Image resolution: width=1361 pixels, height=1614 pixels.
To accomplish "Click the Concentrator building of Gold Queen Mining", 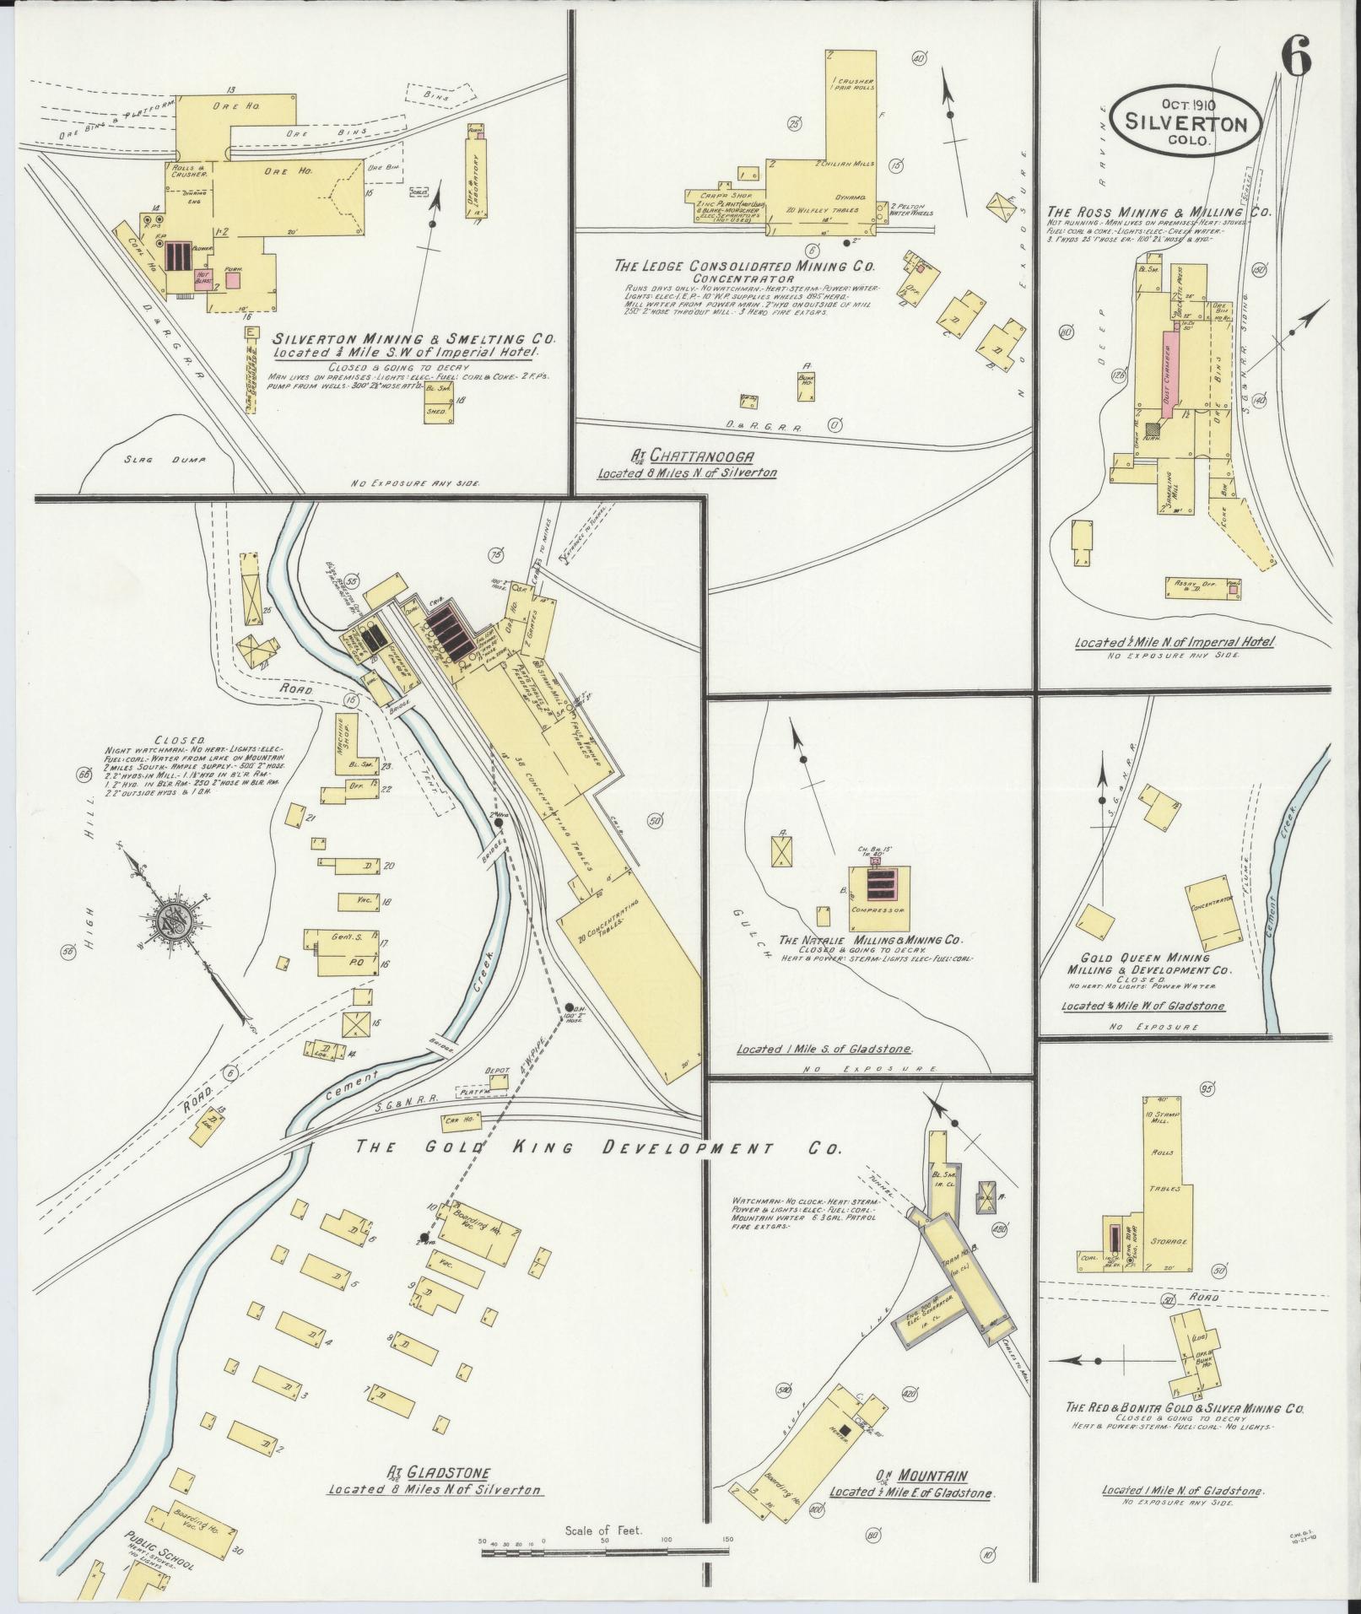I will [1215, 914].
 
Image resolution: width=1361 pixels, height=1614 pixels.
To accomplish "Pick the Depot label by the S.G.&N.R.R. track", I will [497, 1070].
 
